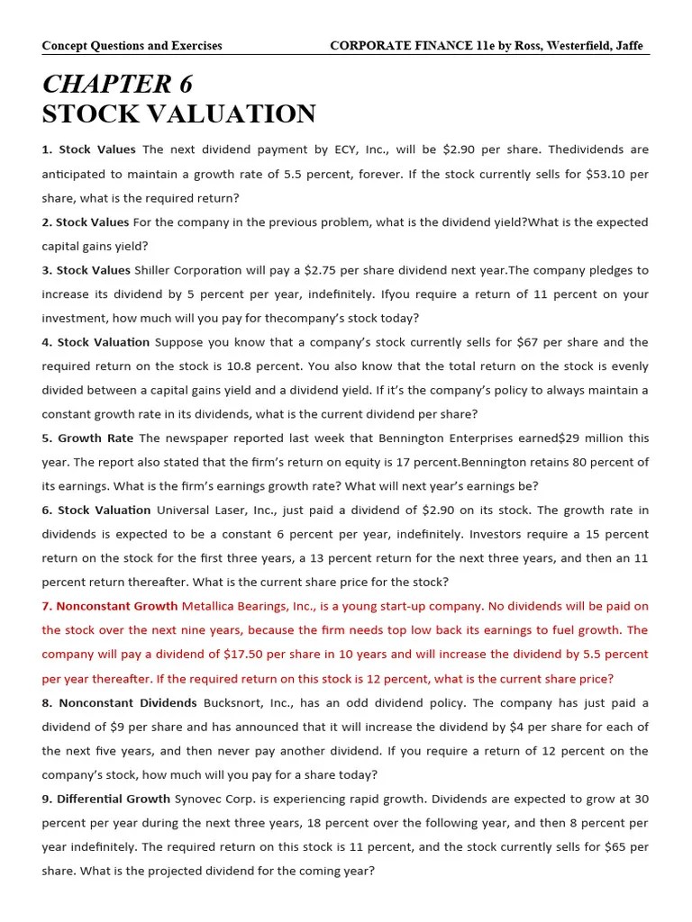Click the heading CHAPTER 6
(x=117, y=85)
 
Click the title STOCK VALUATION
(x=178, y=114)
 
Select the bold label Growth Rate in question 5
(x=96, y=438)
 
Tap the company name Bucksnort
(x=232, y=702)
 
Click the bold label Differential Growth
(x=114, y=799)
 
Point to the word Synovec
(x=200, y=799)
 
